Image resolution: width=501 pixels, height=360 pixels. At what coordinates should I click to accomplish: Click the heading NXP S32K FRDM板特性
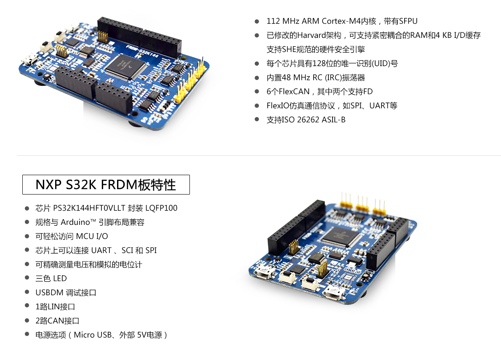[106, 185]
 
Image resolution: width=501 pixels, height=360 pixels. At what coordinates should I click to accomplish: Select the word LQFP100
[161, 208]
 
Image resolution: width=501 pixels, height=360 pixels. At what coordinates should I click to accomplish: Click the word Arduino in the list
[76, 222]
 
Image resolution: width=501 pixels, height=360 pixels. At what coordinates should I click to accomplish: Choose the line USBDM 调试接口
[66, 293]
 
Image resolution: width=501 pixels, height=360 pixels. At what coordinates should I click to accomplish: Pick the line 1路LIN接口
[55, 307]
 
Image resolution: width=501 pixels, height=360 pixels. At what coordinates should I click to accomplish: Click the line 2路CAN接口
[57, 321]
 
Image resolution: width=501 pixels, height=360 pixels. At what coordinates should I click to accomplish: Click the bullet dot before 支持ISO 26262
[257, 120]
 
